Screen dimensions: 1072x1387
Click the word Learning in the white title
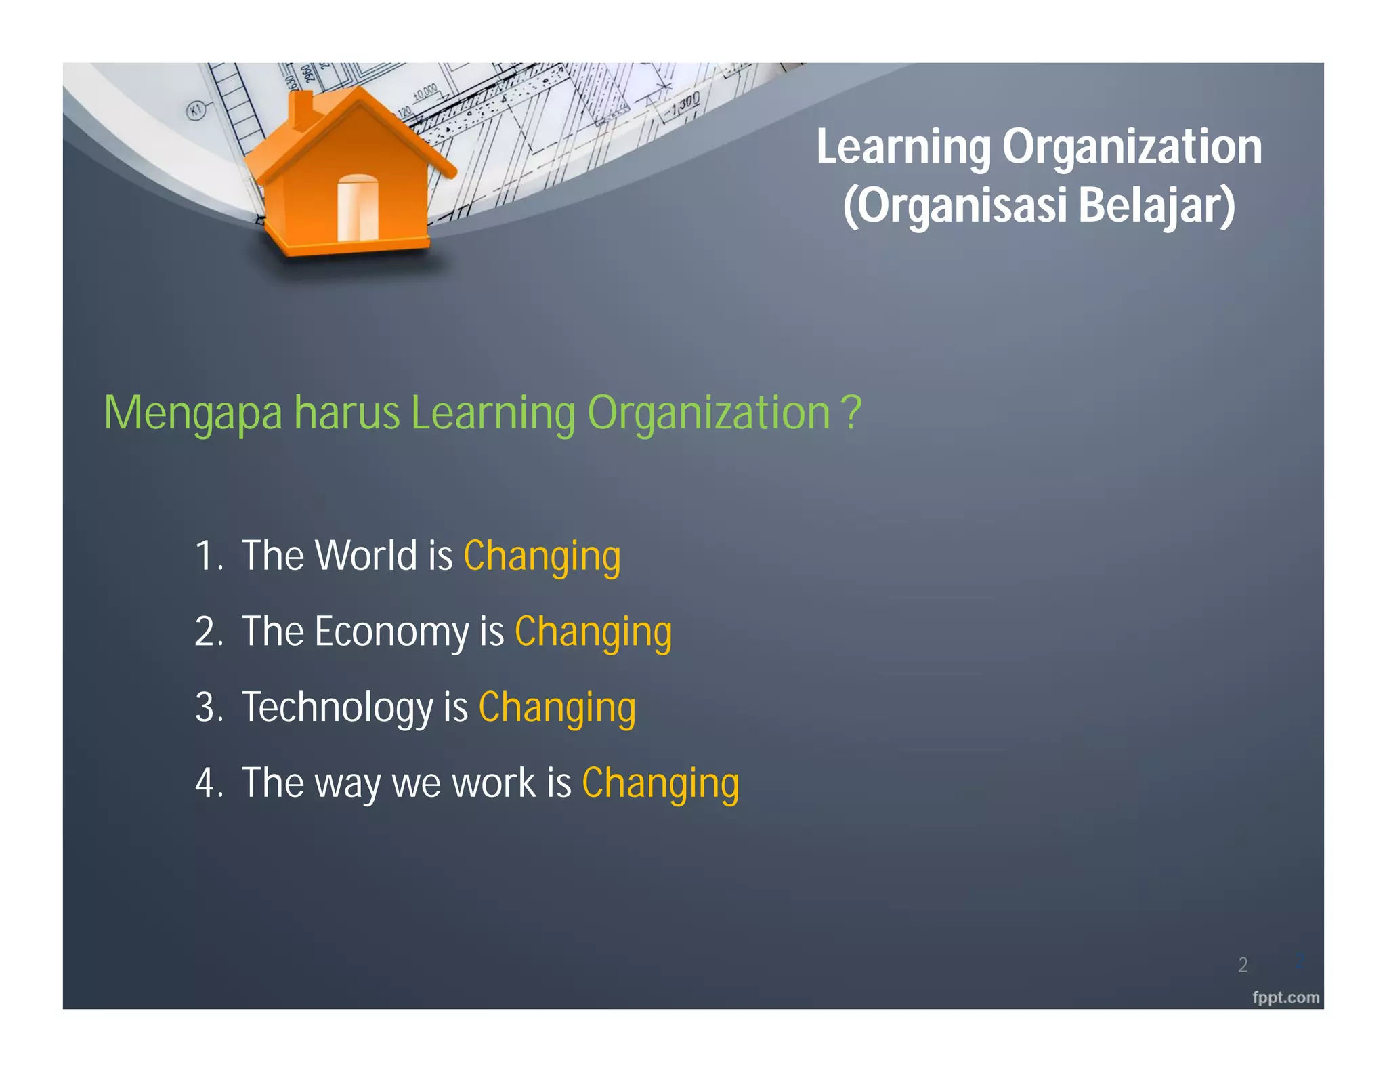(x=903, y=147)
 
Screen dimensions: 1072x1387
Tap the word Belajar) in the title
(x=1157, y=206)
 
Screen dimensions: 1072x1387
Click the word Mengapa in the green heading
(x=193, y=413)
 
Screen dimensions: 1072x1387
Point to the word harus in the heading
(x=347, y=413)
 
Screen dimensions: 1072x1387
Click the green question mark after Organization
(x=851, y=412)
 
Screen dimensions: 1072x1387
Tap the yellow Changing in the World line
(x=542, y=557)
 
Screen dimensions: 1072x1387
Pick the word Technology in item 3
(x=337, y=708)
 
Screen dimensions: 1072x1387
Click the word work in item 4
(x=494, y=783)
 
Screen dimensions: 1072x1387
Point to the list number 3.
(x=205, y=707)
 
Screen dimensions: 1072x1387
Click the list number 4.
(x=205, y=783)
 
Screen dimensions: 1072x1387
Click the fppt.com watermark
(x=1285, y=997)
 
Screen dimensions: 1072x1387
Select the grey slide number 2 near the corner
(x=1243, y=965)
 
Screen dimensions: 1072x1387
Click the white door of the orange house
(x=358, y=208)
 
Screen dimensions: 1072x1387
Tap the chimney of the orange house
(x=301, y=110)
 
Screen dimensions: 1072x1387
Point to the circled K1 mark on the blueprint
(x=196, y=110)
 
